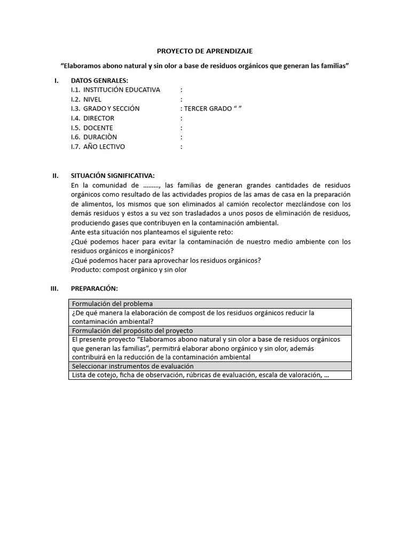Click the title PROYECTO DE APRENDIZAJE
[204, 51]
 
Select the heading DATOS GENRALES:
[99, 80]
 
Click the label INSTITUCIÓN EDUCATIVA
[121, 90]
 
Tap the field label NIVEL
[92, 99]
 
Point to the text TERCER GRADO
[206, 108]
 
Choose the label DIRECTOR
[99, 118]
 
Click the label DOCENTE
[98, 128]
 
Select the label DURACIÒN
[100, 137]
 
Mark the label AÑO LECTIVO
[104, 147]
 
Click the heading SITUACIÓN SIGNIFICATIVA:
[113, 175]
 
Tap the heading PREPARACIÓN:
[93, 288]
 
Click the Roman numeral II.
[55, 175]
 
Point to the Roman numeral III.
[54, 288]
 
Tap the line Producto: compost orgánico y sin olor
[129, 270]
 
